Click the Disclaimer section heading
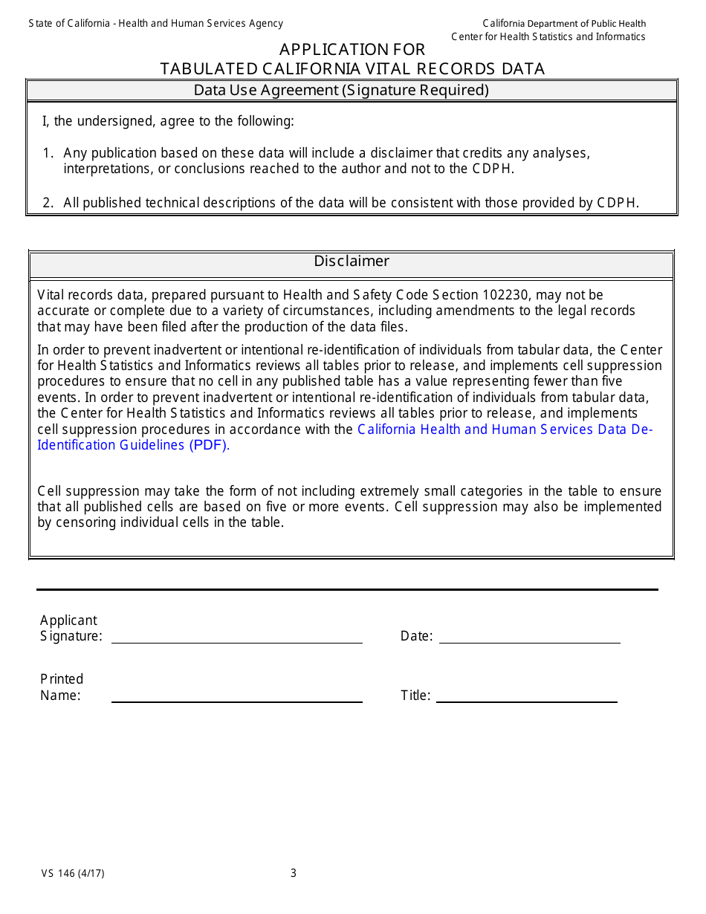tap(352, 262)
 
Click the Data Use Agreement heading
tap(341, 91)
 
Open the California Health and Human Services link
tap(505, 430)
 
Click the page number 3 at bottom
tap(294, 873)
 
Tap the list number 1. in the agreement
tap(48, 153)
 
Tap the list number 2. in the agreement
tap(48, 203)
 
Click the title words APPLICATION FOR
tap(352, 50)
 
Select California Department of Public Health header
tap(564, 24)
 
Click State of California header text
tap(155, 24)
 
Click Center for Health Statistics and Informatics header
tap(548, 36)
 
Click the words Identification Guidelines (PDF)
tap(133, 445)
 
